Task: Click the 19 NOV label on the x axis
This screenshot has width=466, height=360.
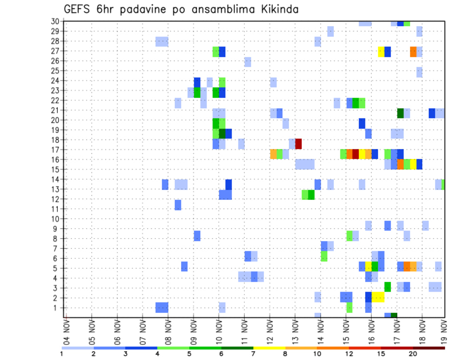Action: [x=445, y=331]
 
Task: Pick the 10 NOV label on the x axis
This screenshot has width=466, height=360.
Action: [x=218, y=331]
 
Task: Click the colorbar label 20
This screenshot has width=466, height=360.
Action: [x=413, y=354]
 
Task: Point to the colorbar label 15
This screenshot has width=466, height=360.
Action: [x=381, y=354]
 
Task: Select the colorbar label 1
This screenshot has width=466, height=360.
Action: [x=62, y=354]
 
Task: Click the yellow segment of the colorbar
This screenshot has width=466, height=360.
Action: [x=269, y=347]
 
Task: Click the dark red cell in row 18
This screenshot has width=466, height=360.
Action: [x=299, y=144]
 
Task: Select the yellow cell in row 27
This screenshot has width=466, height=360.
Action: [x=381, y=51]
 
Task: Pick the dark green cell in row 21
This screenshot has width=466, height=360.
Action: [x=400, y=113]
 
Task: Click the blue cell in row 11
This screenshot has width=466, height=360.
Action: [x=178, y=205]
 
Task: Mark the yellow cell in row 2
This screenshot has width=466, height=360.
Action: [x=378, y=297]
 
